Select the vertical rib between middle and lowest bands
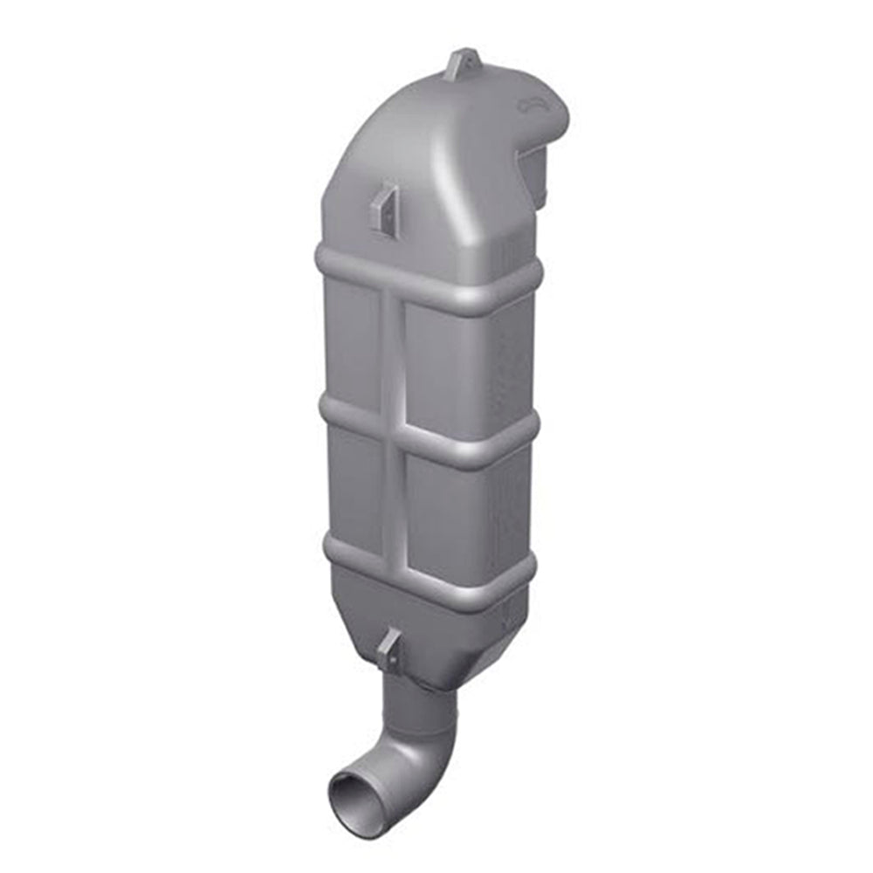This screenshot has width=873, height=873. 395,498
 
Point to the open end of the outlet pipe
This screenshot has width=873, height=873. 352,790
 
